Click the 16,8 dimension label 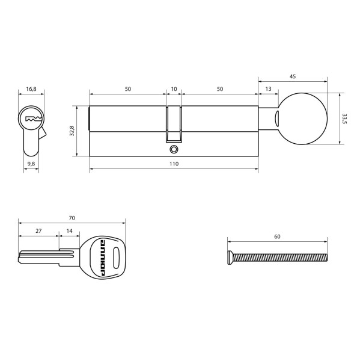[x=31, y=89]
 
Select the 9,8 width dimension [x=31, y=163]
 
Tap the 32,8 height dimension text [x=72, y=131]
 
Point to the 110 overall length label [x=174, y=164]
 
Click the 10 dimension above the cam [x=174, y=89]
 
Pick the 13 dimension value [x=267, y=89]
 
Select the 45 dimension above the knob [x=292, y=76]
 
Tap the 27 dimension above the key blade [x=38, y=230]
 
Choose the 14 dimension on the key [x=69, y=230]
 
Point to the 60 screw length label [x=277, y=236]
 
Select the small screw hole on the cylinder [x=174, y=149]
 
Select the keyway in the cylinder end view [x=31, y=119]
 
